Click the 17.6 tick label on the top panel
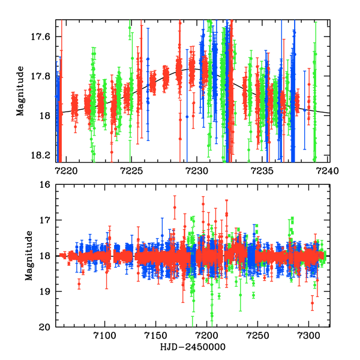point(40,37)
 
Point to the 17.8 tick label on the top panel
point(40,76)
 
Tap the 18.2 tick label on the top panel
point(40,155)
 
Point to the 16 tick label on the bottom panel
point(44,185)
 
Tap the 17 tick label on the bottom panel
point(44,220)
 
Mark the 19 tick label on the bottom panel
point(44,292)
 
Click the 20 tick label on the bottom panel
point(44,327)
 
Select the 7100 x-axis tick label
point(105,337)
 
